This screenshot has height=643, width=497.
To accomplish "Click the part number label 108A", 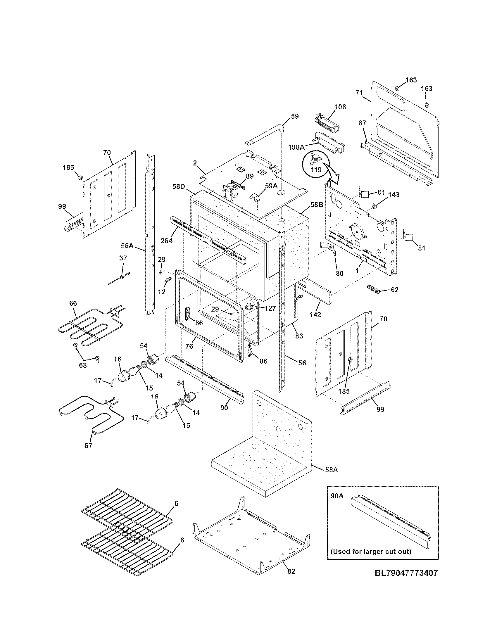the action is click(x=296, y=147).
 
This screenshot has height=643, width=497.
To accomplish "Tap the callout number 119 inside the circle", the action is click(x=317, y=170).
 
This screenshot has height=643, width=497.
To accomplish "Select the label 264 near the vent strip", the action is click(x=167, y=241).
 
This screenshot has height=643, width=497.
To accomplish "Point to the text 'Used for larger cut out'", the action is click(x=371, y=551).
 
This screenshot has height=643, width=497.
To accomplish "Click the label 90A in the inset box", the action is click(x=337, y=496).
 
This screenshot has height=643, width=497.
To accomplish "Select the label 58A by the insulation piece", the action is click(x=332, y=470).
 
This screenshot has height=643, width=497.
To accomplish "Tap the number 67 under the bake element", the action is click(x=88, y=446).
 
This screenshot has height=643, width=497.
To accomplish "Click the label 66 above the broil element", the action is click(x=73, y=303).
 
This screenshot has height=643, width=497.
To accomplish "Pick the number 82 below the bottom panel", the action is click(x=291, y=571).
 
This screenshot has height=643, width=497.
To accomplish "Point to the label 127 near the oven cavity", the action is click(x=270, y=308).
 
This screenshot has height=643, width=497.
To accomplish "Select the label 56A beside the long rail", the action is click(x=127, y=245).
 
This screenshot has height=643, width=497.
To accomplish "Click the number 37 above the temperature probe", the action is click(x=123, y=258).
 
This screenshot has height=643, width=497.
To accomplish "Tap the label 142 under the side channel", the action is click(x=315, y=315).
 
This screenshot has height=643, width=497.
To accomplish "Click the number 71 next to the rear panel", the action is click(x=359, y=93).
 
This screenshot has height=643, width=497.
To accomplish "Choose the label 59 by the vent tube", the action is click(x=295, y=116).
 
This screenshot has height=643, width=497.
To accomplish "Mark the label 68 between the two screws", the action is click(x=83, y=365).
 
